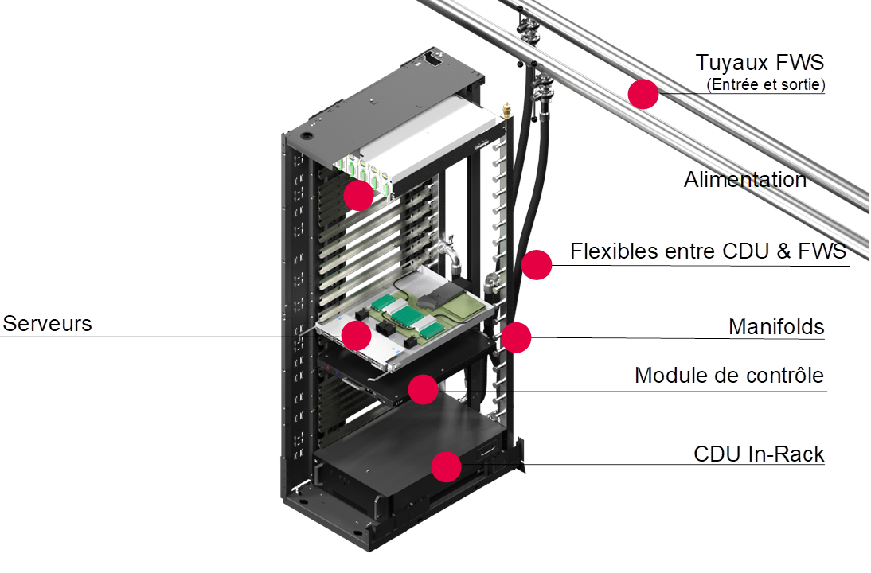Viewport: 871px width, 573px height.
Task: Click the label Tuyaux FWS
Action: pos(760,63)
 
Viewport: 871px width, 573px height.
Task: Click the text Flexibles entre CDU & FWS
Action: pos(709,251)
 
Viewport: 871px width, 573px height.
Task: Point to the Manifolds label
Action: pos(776,327)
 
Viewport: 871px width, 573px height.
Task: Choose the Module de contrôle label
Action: pos(729,375)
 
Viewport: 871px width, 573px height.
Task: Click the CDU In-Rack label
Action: pos(760,454)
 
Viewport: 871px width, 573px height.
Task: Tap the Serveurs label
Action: pos(48,324)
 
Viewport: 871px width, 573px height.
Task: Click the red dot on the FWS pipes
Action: pos(643,94)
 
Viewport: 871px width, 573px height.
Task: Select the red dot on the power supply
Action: pos(359,195)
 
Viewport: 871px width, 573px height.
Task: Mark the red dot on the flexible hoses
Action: pos(537,264)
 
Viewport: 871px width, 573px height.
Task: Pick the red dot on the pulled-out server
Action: pos(356,335)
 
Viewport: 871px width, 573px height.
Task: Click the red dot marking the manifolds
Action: pos(516,337)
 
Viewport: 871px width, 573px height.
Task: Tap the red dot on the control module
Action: pos(423,389)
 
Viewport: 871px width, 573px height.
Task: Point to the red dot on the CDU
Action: pos(446,466)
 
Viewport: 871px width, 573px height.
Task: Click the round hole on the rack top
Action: pos(306,136)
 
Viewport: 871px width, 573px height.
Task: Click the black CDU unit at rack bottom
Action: pos(398,446)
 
